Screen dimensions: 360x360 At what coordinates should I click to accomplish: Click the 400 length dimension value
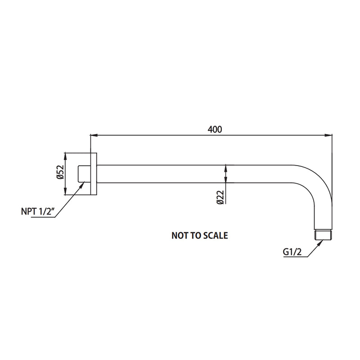[215, 129]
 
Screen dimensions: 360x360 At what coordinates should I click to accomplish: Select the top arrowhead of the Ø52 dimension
[66, 156]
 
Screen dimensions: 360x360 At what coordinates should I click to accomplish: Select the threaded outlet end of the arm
[324, 235]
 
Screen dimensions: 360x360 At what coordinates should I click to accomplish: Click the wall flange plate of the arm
[94, 174]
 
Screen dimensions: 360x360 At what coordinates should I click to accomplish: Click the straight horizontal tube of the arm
[189, 174]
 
